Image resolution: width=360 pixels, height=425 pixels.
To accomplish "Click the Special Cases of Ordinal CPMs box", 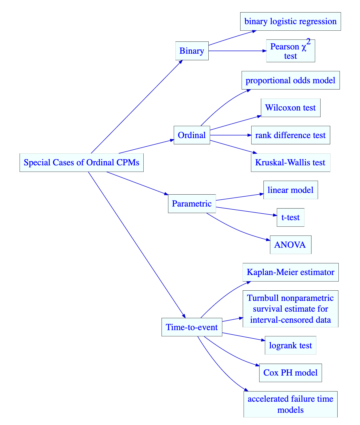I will coord(81,163).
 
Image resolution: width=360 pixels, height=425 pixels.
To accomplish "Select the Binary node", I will coord(192,51).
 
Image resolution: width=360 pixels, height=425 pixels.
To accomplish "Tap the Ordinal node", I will coord(192,135).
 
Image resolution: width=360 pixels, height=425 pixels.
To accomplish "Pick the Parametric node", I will coord(192,203).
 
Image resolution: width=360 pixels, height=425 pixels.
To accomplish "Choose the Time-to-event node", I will coord(192,327).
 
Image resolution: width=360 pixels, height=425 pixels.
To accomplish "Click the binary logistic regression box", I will coord(290,21).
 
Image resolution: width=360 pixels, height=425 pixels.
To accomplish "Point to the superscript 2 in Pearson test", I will coord(308,42).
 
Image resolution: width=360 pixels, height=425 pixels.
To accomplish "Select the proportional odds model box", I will coord(290,80).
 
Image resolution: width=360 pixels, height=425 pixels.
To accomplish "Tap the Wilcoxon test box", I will coord(290,108).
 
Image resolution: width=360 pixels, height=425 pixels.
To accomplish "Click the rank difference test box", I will coord(290,135).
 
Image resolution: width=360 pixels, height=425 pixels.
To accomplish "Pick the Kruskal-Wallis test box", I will coord(290,163).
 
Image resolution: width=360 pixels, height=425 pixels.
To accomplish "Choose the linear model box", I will coord(290,190).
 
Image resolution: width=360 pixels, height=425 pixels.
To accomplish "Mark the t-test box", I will coord(290,217).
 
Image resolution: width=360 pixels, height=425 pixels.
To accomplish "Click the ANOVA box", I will coord(290,245).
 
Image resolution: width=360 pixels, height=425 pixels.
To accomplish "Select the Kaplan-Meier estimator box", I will coord(290,272).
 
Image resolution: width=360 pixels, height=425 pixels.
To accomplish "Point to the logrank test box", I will coord(290,345).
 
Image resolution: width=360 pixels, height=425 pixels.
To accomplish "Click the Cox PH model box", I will coord(290,372).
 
